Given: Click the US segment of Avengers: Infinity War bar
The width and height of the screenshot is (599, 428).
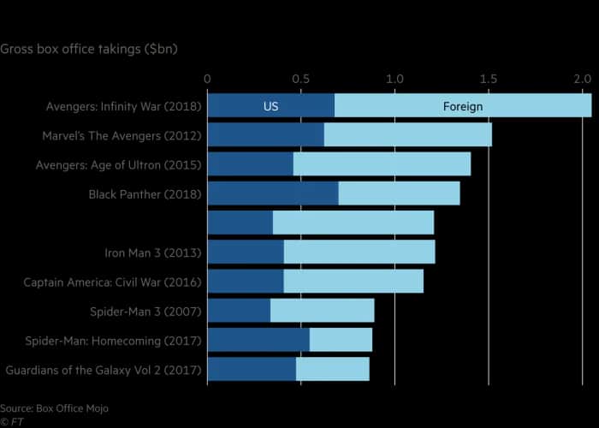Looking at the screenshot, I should click(270, 106).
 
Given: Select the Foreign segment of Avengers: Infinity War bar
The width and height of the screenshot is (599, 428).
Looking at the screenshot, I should click(462, 106).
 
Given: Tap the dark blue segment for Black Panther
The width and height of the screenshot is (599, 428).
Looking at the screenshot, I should click(272, 193).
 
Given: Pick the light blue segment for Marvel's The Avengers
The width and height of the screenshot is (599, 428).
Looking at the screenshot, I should click(407, 135).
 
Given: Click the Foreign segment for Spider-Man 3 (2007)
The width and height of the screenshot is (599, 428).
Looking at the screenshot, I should click(322, 311).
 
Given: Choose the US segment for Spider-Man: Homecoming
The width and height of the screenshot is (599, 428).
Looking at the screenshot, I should click(258, 340).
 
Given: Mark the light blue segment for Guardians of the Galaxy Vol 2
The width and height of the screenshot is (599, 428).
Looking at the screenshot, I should click(332, 369).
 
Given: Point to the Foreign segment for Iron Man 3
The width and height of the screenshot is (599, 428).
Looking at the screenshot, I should click(359, 253).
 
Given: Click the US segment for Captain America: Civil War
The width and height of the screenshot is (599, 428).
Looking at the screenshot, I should click(245, 282).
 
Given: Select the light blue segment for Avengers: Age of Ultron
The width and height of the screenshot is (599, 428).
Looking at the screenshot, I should click(382, 164).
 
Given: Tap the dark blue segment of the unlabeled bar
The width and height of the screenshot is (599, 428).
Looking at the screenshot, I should click(240, 223).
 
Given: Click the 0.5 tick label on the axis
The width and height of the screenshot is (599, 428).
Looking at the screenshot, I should click(300, 79).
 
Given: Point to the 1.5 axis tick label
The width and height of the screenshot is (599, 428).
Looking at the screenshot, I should click(488, 79).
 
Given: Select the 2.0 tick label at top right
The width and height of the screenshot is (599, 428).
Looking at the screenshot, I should click(582, 79).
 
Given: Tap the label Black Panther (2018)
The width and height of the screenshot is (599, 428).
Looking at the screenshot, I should click(145, 194).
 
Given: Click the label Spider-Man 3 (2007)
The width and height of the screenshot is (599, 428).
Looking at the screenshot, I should click(145, 311).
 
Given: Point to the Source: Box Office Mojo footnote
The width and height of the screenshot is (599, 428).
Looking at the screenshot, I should click(55, 408).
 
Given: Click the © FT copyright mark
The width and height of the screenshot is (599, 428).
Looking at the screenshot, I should click(11, 422).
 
